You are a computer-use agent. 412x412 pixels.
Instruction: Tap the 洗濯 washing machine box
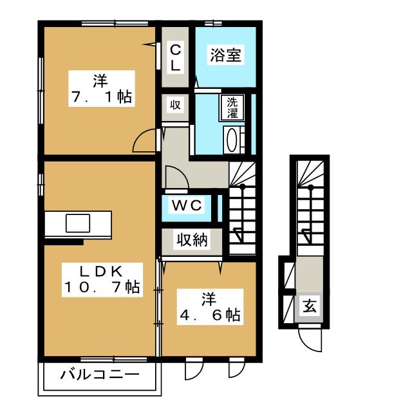tap(232, 108)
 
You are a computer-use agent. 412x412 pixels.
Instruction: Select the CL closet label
tap(175, 57)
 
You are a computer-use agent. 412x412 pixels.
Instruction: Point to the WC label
tap(187, 206)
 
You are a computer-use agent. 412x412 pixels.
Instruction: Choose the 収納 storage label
tap(192, 240)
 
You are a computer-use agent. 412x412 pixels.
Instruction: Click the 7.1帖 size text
tap(100, 97)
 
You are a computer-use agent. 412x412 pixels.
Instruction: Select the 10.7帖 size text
tap(101, 288)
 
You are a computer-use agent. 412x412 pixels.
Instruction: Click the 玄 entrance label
tap(310, 307)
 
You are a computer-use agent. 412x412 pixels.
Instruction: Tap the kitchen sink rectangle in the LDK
tap(77, 223)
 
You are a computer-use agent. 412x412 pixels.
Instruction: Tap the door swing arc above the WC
tap(176, 177)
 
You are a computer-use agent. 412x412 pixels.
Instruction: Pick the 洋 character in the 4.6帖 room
tap(209, 299)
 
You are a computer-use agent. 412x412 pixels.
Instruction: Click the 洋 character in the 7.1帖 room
tap(100, 81)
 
